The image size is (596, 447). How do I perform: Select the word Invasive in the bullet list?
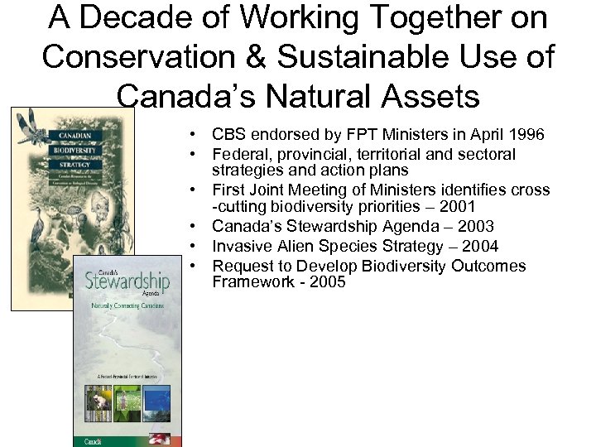(x=241, y=246)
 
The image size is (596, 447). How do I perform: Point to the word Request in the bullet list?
(x=242, y=266)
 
